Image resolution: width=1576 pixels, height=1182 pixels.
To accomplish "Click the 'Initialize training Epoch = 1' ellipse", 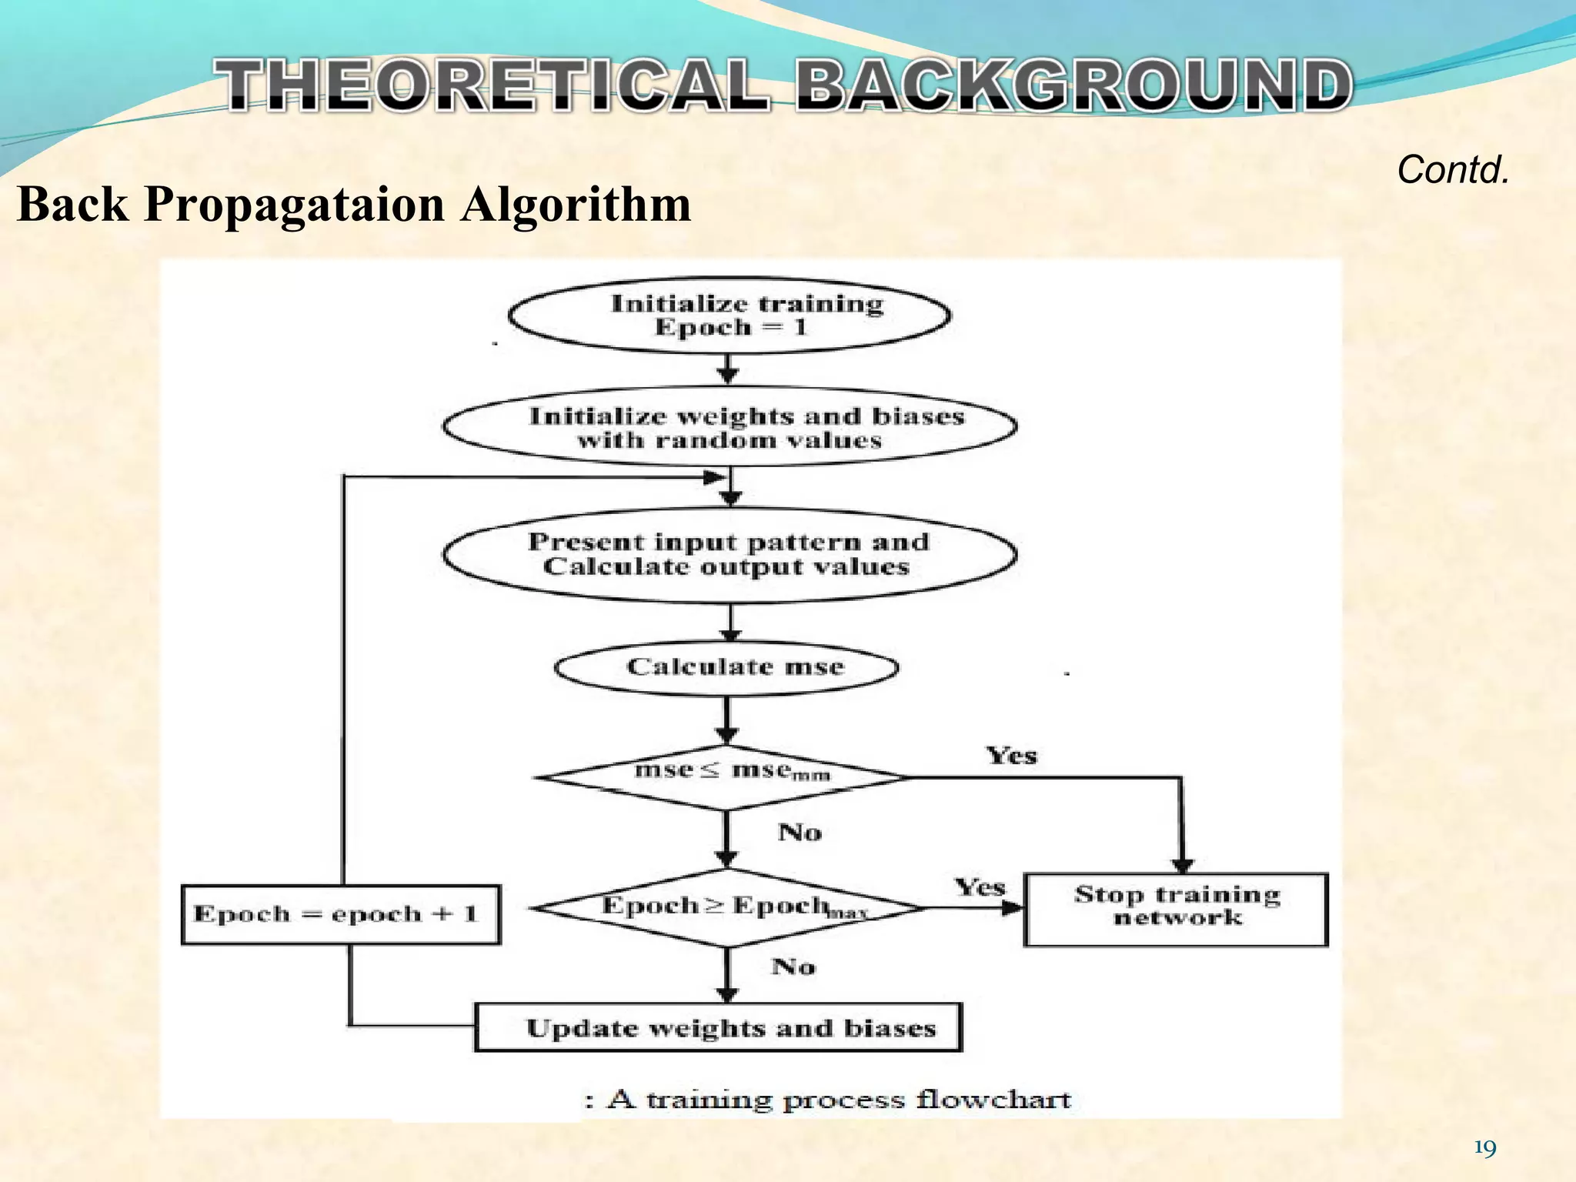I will point(730,316).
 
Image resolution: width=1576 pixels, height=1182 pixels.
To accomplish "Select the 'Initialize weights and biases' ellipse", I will point(730,428).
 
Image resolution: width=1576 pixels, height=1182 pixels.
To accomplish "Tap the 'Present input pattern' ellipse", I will point(730,554).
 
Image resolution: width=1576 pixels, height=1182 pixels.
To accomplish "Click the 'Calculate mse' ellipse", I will point(726,667).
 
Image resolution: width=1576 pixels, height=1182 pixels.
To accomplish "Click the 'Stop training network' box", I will point(1176,908).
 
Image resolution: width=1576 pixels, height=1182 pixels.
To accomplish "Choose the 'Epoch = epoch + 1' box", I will point(340,914).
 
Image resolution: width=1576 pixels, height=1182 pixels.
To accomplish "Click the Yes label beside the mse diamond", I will point(1011,756).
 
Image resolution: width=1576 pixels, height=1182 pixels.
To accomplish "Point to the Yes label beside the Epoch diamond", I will point(979,887).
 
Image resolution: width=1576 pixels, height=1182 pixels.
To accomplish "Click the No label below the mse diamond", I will point(800,833).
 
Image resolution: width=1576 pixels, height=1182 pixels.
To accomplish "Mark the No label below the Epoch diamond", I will point(793,967).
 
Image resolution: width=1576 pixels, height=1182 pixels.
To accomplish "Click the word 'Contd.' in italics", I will point(1453,170).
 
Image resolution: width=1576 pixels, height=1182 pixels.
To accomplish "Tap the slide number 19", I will point(1484,1149).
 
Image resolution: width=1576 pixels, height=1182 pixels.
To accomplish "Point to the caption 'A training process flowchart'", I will point(839,1099).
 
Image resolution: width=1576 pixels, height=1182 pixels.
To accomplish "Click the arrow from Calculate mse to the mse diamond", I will point(726,720).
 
